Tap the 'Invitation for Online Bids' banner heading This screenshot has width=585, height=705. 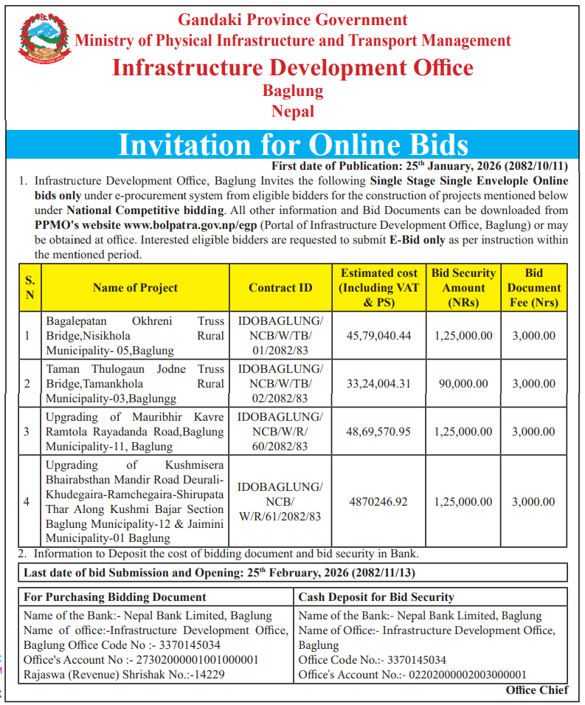tap(293, 144)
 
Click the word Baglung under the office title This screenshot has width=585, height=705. tap(293, 91)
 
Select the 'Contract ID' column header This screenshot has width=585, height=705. tap(280, 288)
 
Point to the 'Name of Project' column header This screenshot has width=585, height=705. tap(135, 288)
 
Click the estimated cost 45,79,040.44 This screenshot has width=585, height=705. tap(378, 336)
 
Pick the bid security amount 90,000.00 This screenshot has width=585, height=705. tap(463, 384)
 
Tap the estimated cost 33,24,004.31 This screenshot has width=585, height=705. tap(378, 384)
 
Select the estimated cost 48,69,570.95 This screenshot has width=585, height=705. tap(378, 432)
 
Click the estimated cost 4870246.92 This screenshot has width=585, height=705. tap(378, 502)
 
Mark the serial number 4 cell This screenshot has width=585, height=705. tap(27, 502)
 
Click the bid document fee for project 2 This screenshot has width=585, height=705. tap(533, 384)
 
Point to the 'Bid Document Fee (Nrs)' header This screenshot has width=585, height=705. tap(533, 288)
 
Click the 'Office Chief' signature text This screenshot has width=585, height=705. tap(536, 690)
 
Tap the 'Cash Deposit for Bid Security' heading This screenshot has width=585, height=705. tap(376, 596)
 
